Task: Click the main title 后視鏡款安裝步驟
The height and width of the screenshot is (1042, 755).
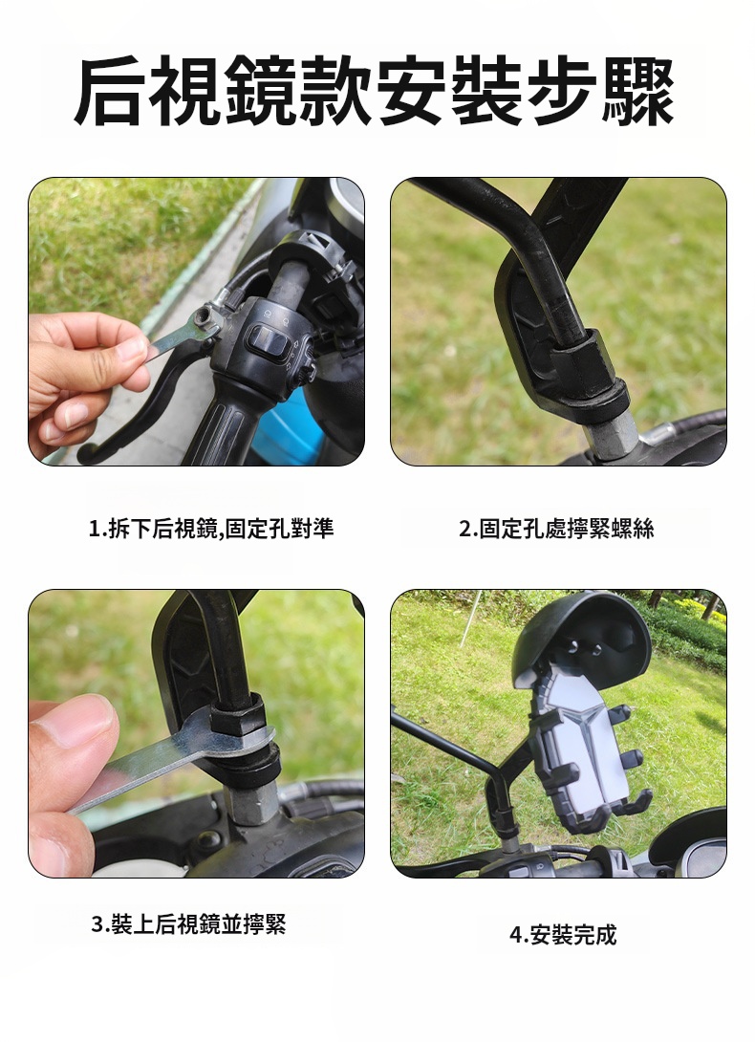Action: [375, 92]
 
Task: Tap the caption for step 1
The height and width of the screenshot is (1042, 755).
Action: [211, 529]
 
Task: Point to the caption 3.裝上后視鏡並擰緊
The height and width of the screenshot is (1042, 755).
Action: [189, 923]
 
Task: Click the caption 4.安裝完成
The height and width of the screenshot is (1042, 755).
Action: [563, 934]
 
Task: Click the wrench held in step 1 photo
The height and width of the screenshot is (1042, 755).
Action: [180, 335]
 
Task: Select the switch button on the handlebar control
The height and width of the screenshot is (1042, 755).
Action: [268, 341]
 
